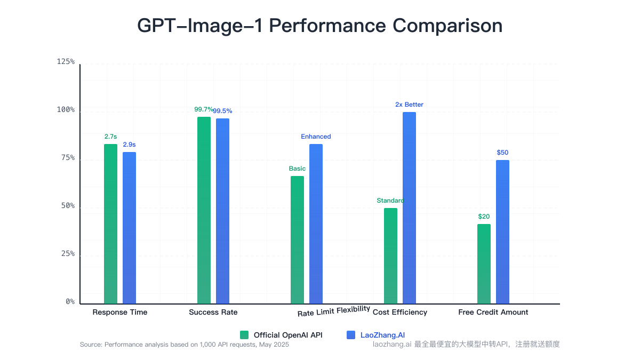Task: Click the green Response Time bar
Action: click(x=110, y=224)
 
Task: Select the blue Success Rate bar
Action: click(x=222, y=211)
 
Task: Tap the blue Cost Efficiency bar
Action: click(x=409, y=208)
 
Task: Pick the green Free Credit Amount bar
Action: click(x=484, y=264)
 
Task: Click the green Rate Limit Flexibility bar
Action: click(x=297, y=240)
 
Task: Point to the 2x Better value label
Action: click(x=409, y=105)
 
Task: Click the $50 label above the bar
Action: click(x=502, y=153)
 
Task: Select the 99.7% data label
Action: click(x=203, y=109)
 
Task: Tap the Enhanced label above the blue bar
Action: click(x=316, y=137)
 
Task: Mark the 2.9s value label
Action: click(x=129, y=145)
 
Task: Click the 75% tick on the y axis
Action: click(x=66, y=158)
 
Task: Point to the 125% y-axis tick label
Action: click(x=66, y=62)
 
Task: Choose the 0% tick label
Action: click(x=70, y=302)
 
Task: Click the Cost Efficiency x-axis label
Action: click(x=399, y=312)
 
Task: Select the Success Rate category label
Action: click(x=213, y=312)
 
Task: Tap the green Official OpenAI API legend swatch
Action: click(x=244, y=335)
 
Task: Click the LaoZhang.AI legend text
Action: click(x=379, y=335)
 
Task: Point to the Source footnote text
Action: click(x=184, y=345)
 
